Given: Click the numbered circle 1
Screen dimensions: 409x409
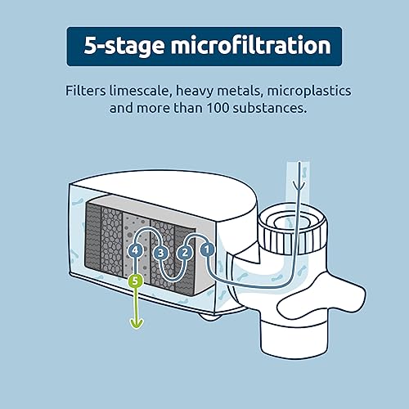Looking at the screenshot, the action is pyautogui.click(x=207, y=249).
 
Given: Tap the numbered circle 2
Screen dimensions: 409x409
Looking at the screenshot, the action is pyautogui.click(x=185, y=252).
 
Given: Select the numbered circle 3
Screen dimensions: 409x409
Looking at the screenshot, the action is pyautogui.click(x=160, y=253).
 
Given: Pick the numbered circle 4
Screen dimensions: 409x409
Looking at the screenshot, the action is pyautogui.click(x=135, y=250).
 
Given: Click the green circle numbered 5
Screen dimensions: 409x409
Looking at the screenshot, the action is pyautogui.click(x=136, y=281).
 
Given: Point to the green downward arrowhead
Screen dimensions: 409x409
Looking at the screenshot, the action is pyautogui.click(x=137, y=324).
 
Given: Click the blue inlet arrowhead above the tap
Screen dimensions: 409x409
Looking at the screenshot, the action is pyautogui.click(x=299, y=186).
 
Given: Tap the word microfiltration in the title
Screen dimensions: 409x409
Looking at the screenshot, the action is pyautogui.click(x=251, y=45).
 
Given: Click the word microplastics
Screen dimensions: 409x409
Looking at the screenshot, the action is pyautogui.click(x=309, y=92).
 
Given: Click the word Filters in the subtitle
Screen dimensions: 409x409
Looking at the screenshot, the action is pyautogui.click(x=85, y=91).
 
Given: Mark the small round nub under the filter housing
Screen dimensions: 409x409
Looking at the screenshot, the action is pyautogui.click(x=209, y=317).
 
